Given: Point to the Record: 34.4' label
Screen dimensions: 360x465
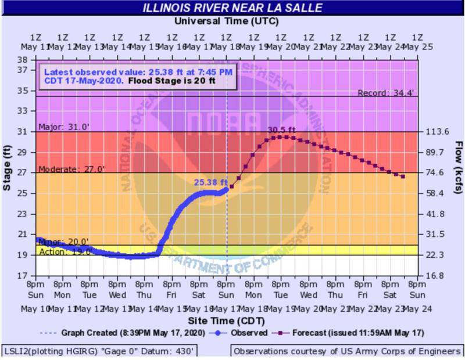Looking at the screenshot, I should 385,93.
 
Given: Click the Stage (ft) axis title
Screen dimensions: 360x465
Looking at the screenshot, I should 8,168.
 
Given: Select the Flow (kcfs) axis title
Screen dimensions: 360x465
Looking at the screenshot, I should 458,168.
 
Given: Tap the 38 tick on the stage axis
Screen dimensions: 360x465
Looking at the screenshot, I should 23,60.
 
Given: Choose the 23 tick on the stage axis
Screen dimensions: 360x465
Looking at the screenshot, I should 23,214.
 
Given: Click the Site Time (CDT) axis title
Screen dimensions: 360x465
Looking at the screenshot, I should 226,321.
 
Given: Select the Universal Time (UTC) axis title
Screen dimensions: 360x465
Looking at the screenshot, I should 226,21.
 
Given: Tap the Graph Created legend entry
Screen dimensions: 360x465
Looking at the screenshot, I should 122,333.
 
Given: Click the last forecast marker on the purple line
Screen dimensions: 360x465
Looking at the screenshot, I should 403,177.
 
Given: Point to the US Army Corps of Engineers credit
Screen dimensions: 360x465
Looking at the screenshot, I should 347,351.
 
